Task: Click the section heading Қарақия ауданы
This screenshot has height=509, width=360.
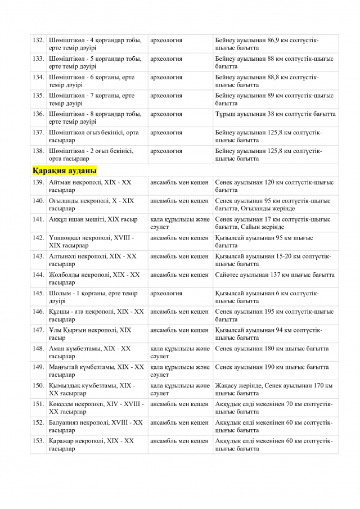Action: point(65,170)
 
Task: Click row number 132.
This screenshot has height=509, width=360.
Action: point(38,40)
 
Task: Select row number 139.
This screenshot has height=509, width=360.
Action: point(38,182)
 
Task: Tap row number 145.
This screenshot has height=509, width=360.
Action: point(38,293)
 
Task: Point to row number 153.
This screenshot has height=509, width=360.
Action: point(38,440)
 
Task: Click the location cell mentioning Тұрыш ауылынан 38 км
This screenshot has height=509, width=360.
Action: point(276,114)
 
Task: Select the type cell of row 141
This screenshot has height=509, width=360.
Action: point(179,223)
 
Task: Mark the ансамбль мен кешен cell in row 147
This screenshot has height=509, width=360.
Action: point(179,330)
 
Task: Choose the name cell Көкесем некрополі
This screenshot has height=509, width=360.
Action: point(96,408)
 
